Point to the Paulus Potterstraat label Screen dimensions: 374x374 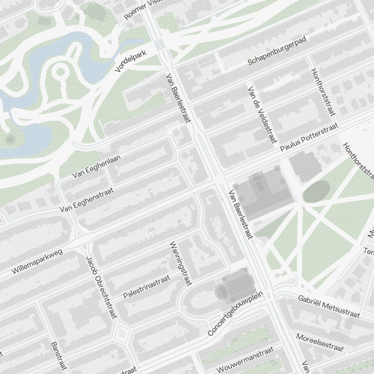309,137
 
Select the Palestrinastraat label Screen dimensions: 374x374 147,287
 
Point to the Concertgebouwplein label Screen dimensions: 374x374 236,313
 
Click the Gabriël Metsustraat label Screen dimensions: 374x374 329,306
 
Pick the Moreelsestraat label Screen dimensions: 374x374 320,343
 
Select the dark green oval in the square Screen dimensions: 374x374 316,191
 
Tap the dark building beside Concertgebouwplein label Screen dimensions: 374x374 236,285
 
